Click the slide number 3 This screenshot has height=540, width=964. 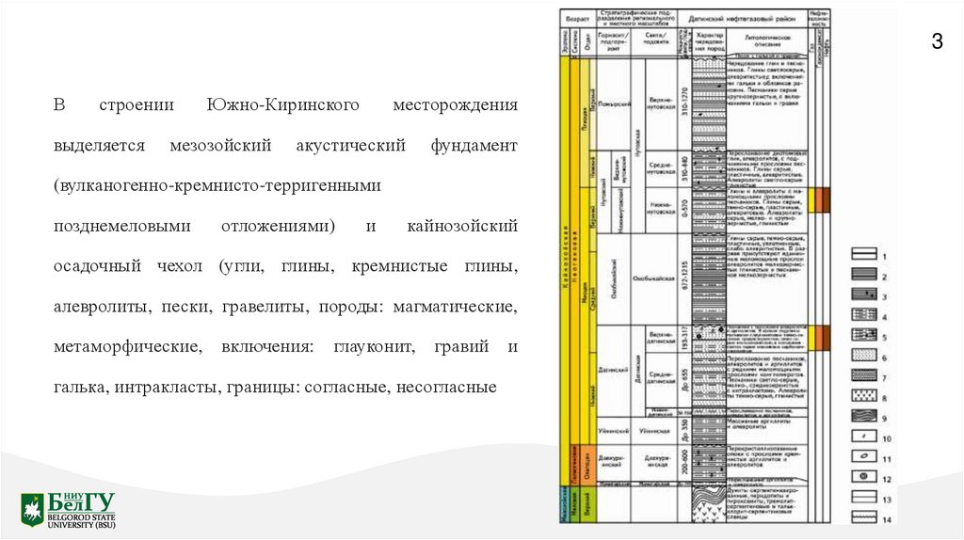pyautogui.click(x=937, y=41)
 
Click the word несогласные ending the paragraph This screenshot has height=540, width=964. pyautogui.click(x=447, y=387)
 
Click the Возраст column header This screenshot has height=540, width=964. pyautogui.click(x=577, y=19)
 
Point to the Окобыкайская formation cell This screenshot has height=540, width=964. pyautogui.click(x=659, y=278)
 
